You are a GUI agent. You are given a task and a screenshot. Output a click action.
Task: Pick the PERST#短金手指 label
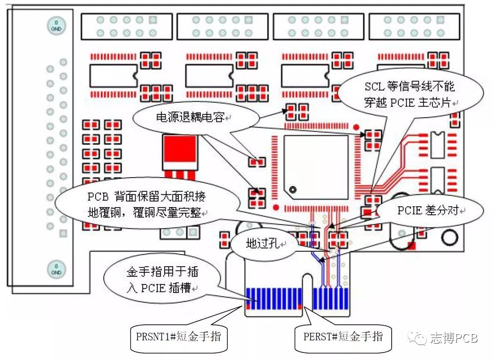[x=343, y=336]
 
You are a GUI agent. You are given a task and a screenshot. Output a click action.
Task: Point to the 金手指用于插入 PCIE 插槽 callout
[x=159, y=280]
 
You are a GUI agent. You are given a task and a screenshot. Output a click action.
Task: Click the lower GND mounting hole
[x=55, y=270]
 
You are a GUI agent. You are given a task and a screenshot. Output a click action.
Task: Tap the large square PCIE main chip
[x=316, y=167]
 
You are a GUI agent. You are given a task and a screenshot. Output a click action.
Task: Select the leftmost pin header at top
[x=126, y=26]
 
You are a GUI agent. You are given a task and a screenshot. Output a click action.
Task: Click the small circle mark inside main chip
[x=293, y=190]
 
